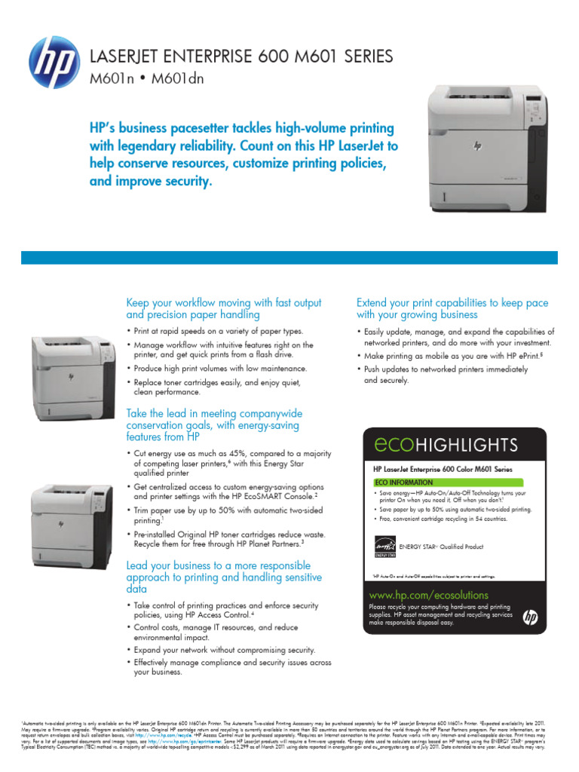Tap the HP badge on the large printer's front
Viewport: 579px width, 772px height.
[477, 146]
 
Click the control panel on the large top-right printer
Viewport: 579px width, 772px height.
[536, 114]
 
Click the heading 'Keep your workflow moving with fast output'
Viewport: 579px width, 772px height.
[223, 303]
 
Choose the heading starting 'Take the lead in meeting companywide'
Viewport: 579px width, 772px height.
[214, 414]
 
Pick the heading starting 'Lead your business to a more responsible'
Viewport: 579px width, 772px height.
[218, 565]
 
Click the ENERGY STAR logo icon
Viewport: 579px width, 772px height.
[385, 546]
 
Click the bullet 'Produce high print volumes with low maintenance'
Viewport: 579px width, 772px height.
[220, 369]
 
